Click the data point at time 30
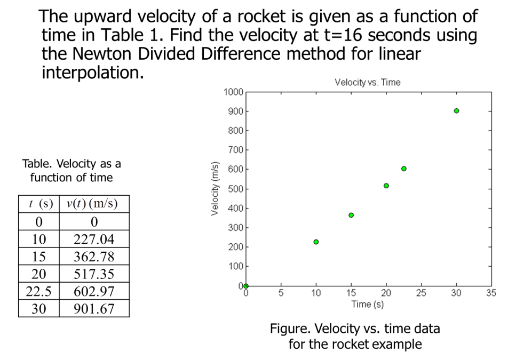(456, 111)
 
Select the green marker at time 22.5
(404, 169)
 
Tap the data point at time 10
(316, 242)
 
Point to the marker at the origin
(246, 286)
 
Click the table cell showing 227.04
(94, 239)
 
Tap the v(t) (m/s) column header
(94, 204)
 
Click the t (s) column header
(39, 204)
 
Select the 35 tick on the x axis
(491, 294)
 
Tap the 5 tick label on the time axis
(281, 294)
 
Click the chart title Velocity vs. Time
(367, 83)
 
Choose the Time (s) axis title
(367, 305)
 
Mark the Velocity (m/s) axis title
(216, 189)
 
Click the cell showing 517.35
(94, 274)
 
